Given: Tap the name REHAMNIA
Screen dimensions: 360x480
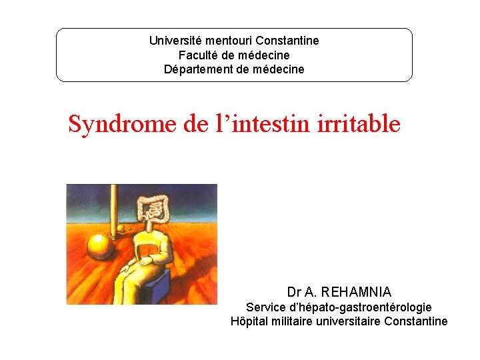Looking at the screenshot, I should (356, 292).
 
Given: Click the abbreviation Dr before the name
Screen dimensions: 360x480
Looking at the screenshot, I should (294, 292).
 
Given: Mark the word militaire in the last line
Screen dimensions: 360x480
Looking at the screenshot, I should (296, 321).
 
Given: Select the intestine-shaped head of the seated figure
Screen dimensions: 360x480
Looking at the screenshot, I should (154, 211).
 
